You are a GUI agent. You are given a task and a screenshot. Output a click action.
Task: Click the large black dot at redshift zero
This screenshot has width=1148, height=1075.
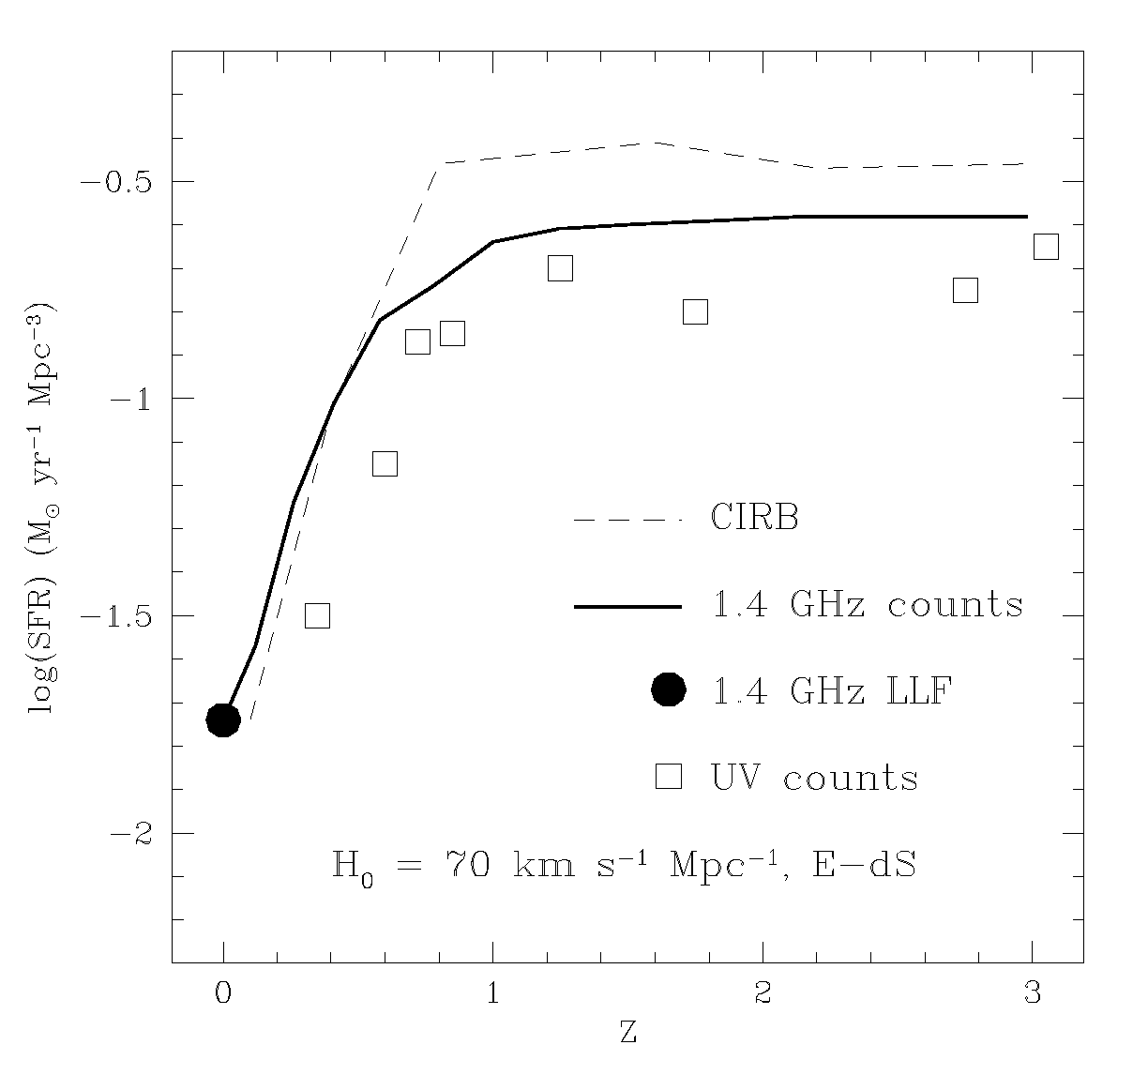click(223, 719)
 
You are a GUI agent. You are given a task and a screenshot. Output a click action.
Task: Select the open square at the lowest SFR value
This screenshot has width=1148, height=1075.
click(317, 615)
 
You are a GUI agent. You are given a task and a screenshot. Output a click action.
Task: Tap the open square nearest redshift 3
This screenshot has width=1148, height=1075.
click(1046, 247)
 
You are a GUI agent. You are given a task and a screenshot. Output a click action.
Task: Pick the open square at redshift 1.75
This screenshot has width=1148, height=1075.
click(695, 311)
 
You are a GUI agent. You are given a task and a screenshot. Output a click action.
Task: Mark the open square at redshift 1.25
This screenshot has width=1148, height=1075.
click(560, 268)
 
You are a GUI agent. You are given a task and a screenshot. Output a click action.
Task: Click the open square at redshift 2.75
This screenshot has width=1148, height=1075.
click(965, 290)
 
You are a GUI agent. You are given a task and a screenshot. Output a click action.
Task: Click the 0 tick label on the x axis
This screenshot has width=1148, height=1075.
click(223, 996)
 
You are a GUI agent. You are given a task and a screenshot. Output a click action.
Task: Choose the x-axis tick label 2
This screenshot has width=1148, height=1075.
click(763, 996)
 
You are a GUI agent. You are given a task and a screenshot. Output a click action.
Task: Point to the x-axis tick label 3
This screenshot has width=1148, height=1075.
click(1033, 996)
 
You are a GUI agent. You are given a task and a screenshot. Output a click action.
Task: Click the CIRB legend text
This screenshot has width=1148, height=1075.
click(754, 518)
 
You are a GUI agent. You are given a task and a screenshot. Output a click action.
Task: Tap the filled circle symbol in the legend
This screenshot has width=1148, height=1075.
click(668, 690)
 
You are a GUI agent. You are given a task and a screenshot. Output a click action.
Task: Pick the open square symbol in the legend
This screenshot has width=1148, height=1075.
click(668, 777)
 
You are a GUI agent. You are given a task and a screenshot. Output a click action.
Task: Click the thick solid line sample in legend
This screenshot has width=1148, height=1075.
click(627, 607)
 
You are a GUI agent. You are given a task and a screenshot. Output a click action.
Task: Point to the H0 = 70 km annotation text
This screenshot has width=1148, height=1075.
click(624, 864)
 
